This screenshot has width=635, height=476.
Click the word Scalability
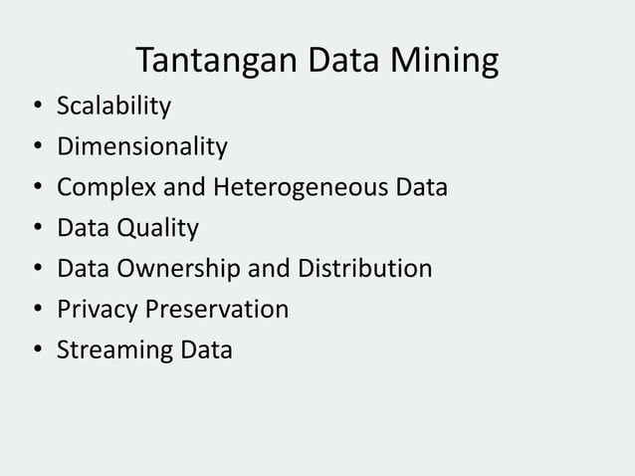(x=113, y=107)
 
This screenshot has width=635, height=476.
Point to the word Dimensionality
(x=142, y=147)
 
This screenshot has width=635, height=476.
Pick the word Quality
(x=158, y=229)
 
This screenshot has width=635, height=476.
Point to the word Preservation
(x=217, y=310)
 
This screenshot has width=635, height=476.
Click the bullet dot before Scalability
(x=35, y=108)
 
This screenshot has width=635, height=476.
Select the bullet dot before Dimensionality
(x=35, y=148)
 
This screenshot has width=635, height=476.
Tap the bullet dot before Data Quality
(x=35, y=230)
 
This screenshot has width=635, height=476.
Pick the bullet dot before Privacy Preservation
(x=35, y=311)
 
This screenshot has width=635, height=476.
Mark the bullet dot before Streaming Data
(x=35, y=352)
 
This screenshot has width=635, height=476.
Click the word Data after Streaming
(x=205, y=351)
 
